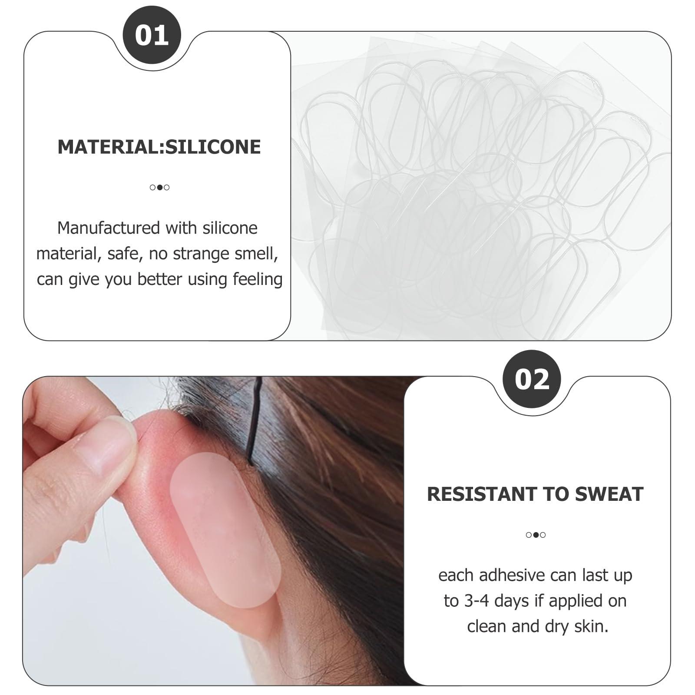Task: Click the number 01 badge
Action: pos(152,35)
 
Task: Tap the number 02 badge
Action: pos(532,379)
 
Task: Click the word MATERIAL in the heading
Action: pos(108,147)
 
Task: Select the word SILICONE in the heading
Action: pos(213,147)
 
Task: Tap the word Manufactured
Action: pos(109,228)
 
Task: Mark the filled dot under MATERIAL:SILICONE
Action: pos(159,188)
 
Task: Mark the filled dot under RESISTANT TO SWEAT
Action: pos(536,535)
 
